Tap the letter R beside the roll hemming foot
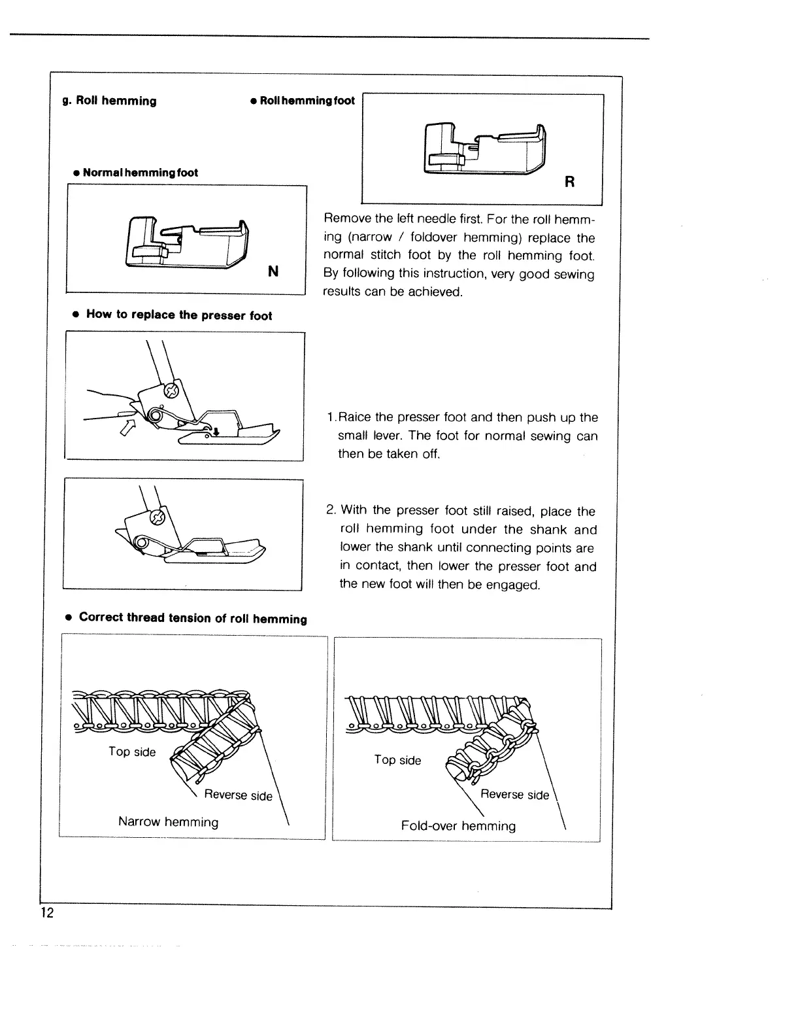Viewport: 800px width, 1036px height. coord(569,182)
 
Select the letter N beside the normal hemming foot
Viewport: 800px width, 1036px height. coord(273,271)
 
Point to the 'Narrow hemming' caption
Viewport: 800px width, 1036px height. coord(168,821)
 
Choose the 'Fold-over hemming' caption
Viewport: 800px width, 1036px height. coord(458,826)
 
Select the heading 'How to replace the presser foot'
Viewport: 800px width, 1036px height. coord(178,315)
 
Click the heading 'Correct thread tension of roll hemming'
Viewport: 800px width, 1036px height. coord(192,618)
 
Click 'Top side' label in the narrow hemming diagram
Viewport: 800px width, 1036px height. coord(132,751)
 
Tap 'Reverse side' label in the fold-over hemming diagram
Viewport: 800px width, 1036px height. coord(514,794)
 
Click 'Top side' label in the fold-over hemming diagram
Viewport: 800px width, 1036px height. coord(397,760)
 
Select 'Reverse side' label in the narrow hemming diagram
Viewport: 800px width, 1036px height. coord(238,795)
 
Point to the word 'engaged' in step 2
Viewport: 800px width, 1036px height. coord(516,584)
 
